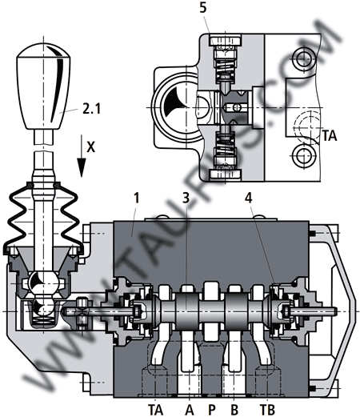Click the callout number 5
(203, 8)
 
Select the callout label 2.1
(91, 109)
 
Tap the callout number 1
(136, 198)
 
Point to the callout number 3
(186, 198)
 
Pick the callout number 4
(249, 198)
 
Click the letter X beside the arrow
(90, 146)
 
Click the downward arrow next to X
(82, 156)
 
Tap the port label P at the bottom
(211, 410)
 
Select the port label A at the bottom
(189, 410)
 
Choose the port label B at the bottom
(234, 410)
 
